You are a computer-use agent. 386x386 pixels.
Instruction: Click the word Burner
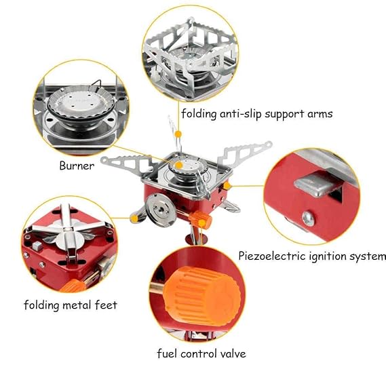77,166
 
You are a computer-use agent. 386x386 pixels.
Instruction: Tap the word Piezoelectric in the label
272,256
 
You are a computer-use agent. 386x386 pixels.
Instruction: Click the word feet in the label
106,305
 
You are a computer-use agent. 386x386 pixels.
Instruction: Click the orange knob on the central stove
201,219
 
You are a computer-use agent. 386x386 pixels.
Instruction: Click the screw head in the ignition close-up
308,219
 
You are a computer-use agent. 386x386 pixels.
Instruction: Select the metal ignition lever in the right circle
318,183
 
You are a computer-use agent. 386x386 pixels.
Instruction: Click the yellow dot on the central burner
179,165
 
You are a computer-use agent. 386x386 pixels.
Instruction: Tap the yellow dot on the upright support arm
178,134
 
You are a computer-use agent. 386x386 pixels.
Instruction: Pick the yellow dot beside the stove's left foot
134,218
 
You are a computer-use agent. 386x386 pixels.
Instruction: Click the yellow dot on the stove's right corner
227,186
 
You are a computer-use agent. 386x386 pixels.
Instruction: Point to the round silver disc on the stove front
161,210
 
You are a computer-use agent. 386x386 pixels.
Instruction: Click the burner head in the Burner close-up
81,103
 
